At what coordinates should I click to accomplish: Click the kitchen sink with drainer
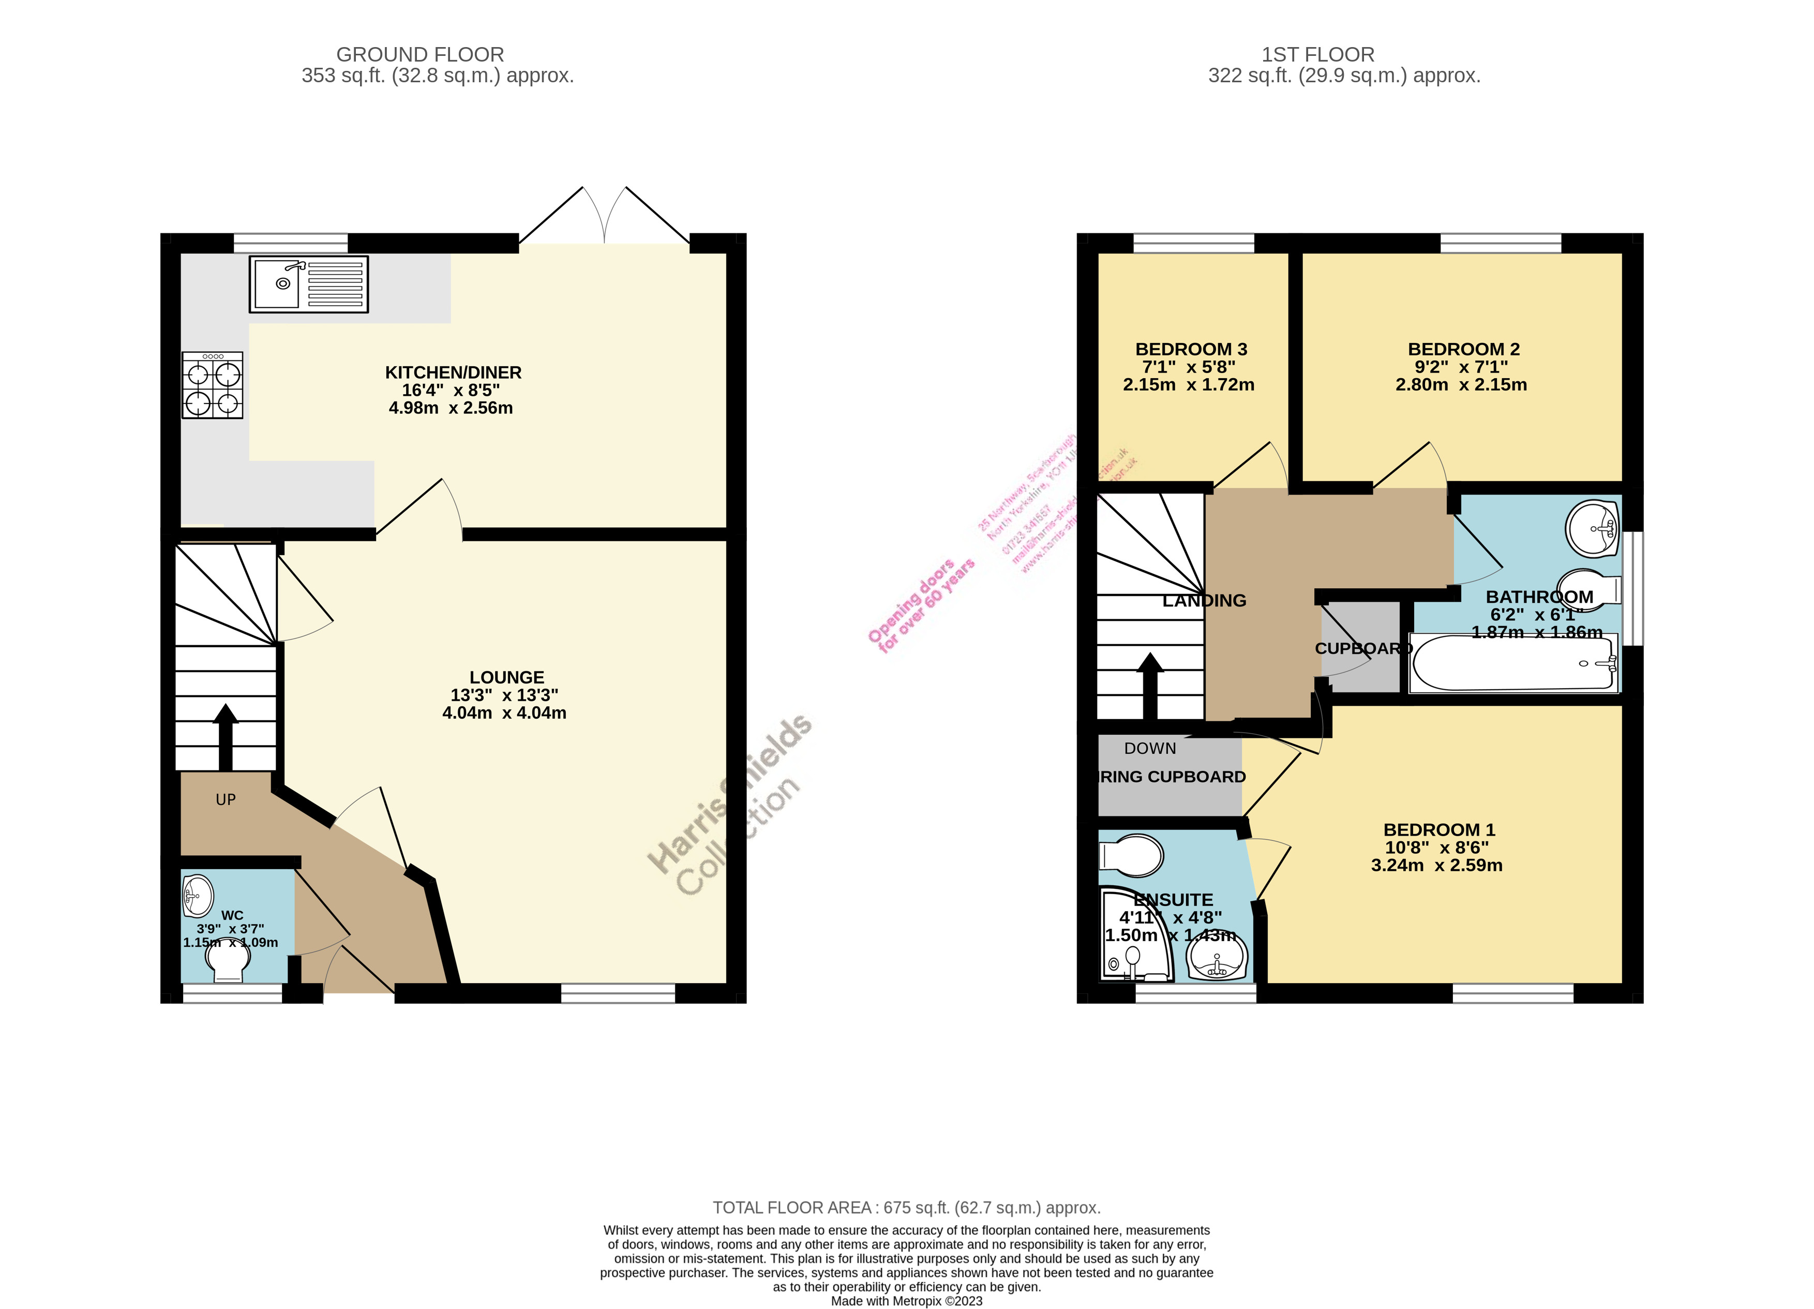coord(309,284)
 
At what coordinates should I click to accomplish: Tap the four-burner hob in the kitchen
coord(212,385)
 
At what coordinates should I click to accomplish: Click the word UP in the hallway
coord(226,799)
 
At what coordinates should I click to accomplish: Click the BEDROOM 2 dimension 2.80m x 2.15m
coord(1461,385)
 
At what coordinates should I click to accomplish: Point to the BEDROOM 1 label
coord(1439,830)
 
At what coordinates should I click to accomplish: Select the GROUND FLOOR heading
coord(420,54)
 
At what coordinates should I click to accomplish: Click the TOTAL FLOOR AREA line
coord(906,1208)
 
